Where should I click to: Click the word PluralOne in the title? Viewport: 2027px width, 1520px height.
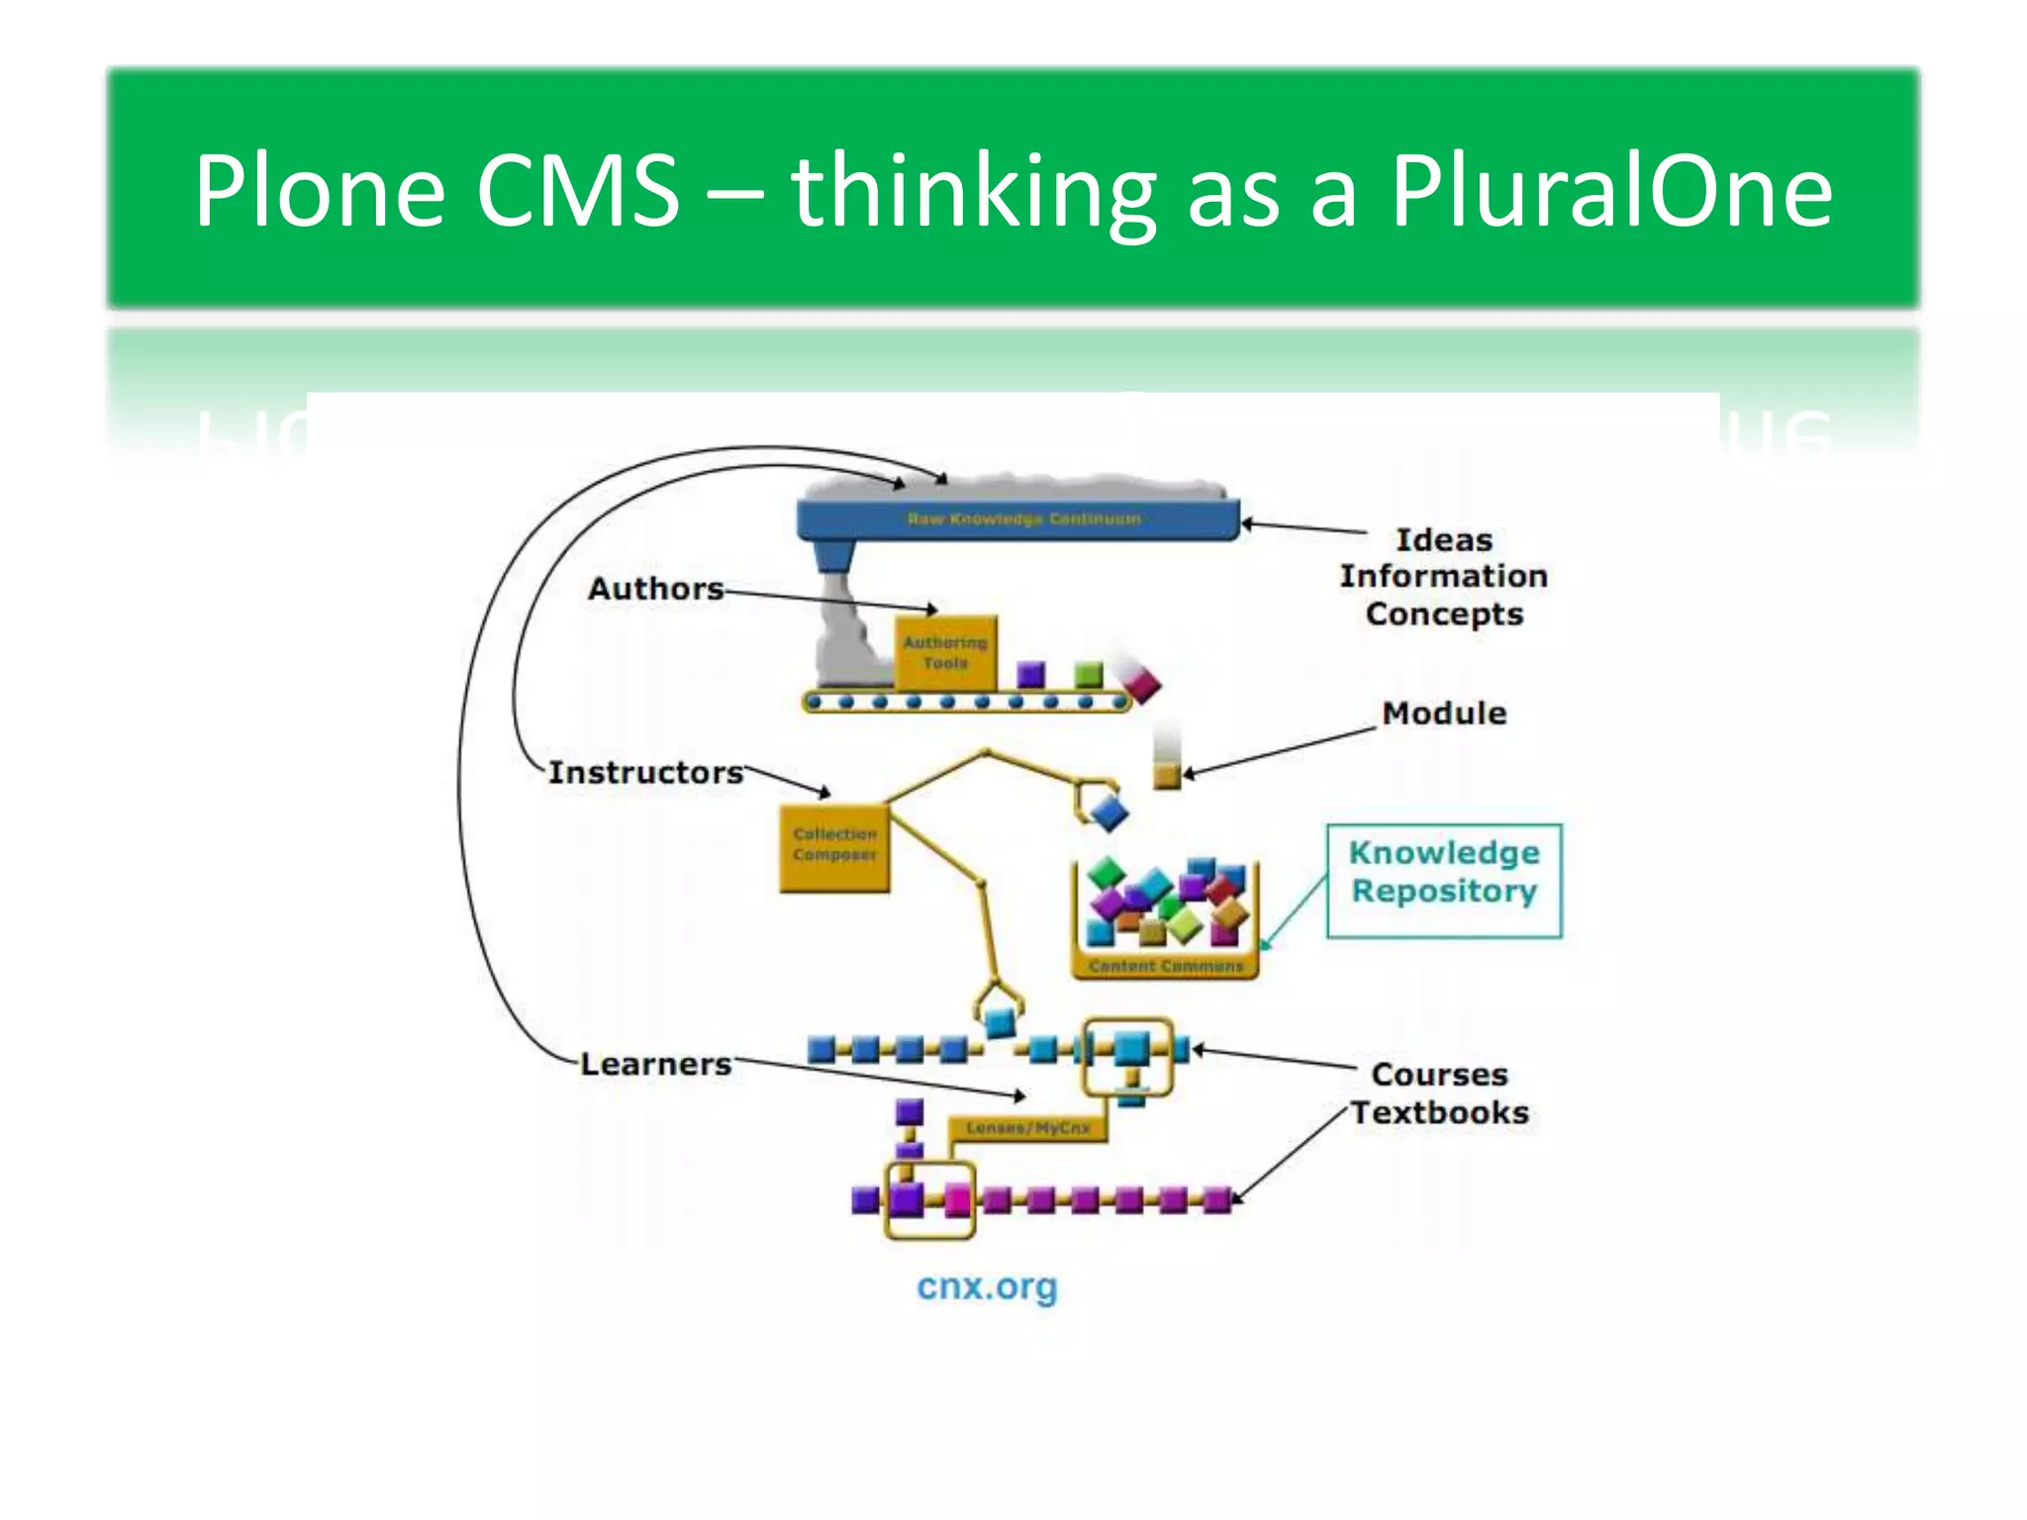(1611, 190)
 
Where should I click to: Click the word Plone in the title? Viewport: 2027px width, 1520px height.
(320, 190)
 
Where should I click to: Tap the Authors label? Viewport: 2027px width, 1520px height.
(655, 589)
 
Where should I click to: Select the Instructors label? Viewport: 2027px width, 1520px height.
(645, 773)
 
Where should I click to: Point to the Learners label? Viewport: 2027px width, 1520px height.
(655, 1065)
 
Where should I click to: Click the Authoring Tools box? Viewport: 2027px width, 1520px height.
(945, 653)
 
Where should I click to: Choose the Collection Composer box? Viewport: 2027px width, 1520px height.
(834, 846)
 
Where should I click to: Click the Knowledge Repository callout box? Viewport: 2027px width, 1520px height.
(1444, 880)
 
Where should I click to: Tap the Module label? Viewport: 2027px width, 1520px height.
(1444, 713)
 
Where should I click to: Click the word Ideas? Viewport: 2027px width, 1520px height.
(1444, 540)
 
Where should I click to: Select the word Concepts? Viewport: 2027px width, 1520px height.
(1444, 615)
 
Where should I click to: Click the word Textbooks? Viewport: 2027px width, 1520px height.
(1440, 1113)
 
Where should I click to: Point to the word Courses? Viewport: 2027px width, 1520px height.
(1440, 1075)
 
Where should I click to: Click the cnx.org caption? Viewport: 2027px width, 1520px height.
(987, 1286)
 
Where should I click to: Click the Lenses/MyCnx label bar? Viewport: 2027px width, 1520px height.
(1027, 1128)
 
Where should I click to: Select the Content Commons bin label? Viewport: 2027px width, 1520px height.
(1165, 966)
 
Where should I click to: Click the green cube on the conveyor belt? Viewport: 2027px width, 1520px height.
(1089, 675)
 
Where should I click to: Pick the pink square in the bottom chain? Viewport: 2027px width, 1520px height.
(957, 1199)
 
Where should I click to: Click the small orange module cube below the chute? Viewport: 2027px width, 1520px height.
(1167, 775)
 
